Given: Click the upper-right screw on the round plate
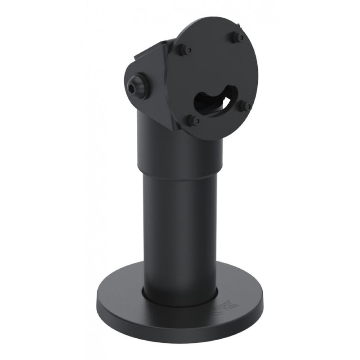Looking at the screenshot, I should (x=238, y=36).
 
